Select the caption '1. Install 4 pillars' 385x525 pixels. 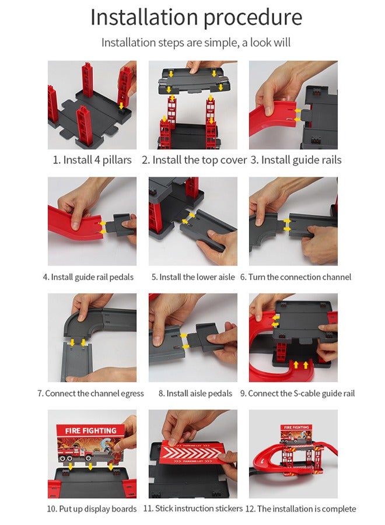[92, 160]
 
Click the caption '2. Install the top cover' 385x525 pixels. [194, 160]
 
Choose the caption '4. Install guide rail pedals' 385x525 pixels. [88, 277]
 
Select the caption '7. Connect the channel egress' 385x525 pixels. [90, 393]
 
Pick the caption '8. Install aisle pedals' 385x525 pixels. [195, 393]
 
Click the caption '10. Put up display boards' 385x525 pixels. [92, 509]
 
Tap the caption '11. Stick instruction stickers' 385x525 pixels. [193, 509]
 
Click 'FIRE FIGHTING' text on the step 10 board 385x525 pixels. [90, 430]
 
